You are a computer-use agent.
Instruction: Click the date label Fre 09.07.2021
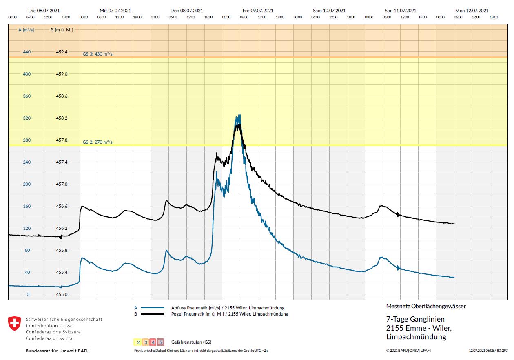[258, 11]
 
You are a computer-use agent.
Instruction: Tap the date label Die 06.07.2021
[44, 11]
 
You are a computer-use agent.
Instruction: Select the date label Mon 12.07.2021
[472, 11]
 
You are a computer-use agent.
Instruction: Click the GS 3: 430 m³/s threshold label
[97, 54]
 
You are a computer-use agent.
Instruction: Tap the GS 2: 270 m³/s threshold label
[97, 142]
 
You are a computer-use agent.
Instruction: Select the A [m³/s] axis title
[26, 30]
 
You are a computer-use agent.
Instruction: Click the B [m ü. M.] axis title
[62, 30]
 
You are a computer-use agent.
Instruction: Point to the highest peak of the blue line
[240, 115]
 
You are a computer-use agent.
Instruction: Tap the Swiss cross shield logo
[14, 323]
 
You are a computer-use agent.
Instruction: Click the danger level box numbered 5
[161, 342]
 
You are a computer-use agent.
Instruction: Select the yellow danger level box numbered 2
[138, 342]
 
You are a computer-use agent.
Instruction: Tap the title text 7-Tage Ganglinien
[415, 319]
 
